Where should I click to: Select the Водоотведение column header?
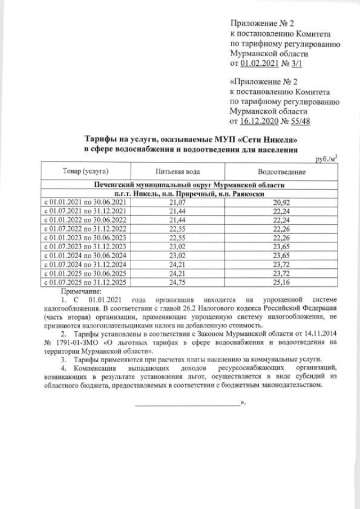pos(281,170)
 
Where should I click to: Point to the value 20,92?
pos(281,201)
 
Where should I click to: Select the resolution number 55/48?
pos(303,120)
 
